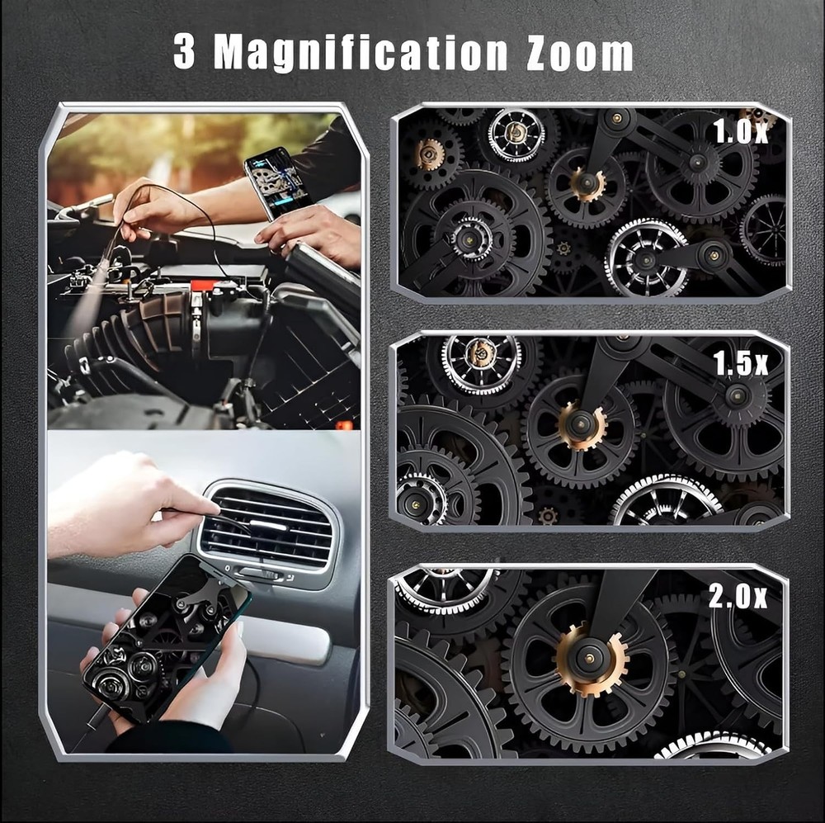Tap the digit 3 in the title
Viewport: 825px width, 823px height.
click(185, 53)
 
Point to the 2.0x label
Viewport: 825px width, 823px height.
click(738, 595)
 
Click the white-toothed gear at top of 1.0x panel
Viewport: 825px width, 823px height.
click(516, 134)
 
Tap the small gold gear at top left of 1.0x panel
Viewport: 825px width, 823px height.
click(430, 154)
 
